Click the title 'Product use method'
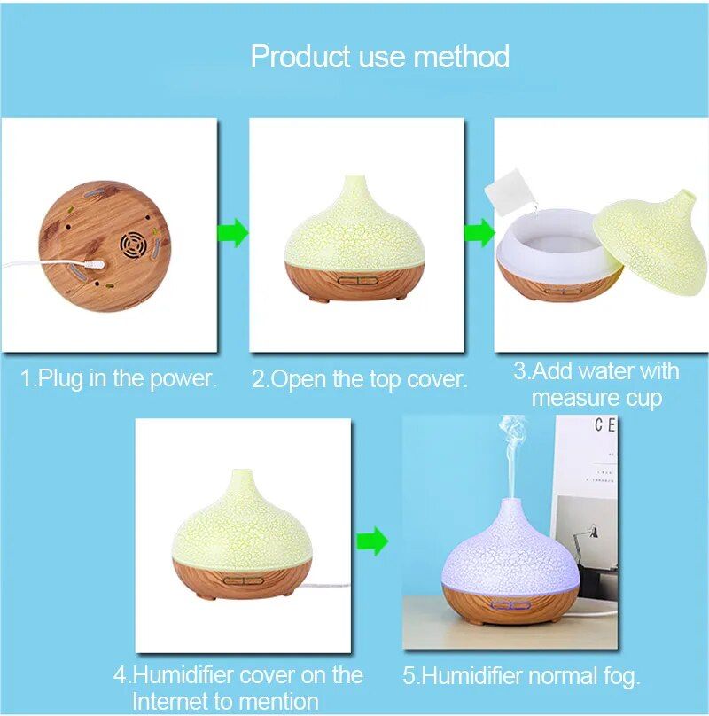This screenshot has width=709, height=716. [379, 56]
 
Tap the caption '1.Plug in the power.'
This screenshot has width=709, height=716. [119, 378]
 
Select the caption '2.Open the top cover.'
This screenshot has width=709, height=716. [360, 379]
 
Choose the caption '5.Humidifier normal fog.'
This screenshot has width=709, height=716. [521, 677]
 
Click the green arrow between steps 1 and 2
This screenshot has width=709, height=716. [232, 233]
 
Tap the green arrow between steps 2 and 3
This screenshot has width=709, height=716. [479, 233]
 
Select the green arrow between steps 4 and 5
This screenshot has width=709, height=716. [372, 541]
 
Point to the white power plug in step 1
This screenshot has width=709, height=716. [95, 264]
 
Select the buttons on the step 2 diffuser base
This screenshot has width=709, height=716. [359, 280]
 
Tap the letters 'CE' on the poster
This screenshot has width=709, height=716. [605, 425]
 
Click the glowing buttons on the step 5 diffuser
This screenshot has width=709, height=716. [510, 606]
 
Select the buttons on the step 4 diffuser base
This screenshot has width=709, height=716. [244, 580]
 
